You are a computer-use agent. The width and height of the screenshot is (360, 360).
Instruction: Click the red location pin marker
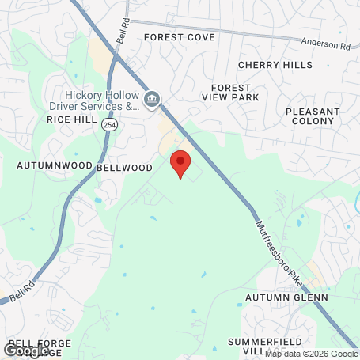point(181,163)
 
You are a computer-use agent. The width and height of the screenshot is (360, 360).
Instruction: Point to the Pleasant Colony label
point(313,116)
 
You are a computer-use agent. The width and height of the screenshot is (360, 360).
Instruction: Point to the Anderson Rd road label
point(324,45)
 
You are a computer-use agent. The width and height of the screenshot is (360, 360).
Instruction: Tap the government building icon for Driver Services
point(152,100)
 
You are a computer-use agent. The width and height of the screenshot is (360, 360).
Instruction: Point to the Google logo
point(26,350)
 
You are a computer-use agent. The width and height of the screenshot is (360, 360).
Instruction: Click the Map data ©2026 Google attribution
point(311,354)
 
